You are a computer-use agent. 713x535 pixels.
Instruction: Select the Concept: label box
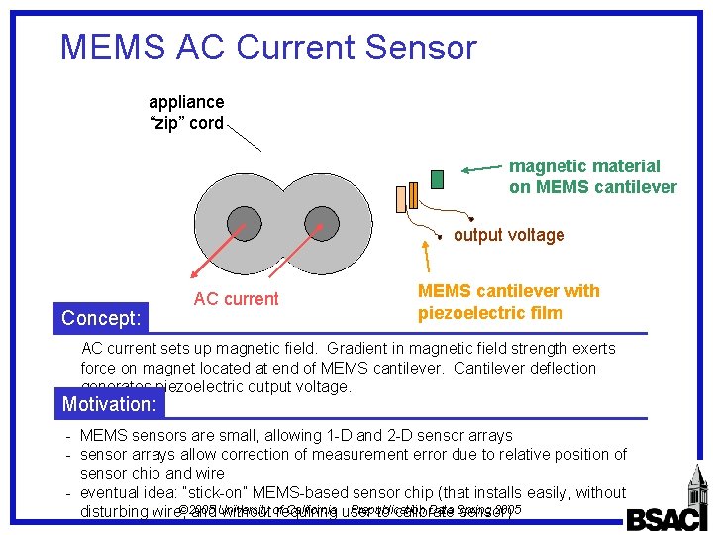point(101,318)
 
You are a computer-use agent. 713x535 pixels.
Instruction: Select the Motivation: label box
point(110,404)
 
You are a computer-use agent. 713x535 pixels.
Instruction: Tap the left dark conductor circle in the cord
point(244,224)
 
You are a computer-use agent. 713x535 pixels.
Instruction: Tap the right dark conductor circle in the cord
point(321,224)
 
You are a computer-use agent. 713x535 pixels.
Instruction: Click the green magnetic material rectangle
point(437,179)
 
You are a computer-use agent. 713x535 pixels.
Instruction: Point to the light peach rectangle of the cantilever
point(401,199)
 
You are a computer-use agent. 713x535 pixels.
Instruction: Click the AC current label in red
point(236,299)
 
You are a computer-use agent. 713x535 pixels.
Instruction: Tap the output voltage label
point(509,235)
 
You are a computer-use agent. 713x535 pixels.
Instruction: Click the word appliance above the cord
point(186,102)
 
